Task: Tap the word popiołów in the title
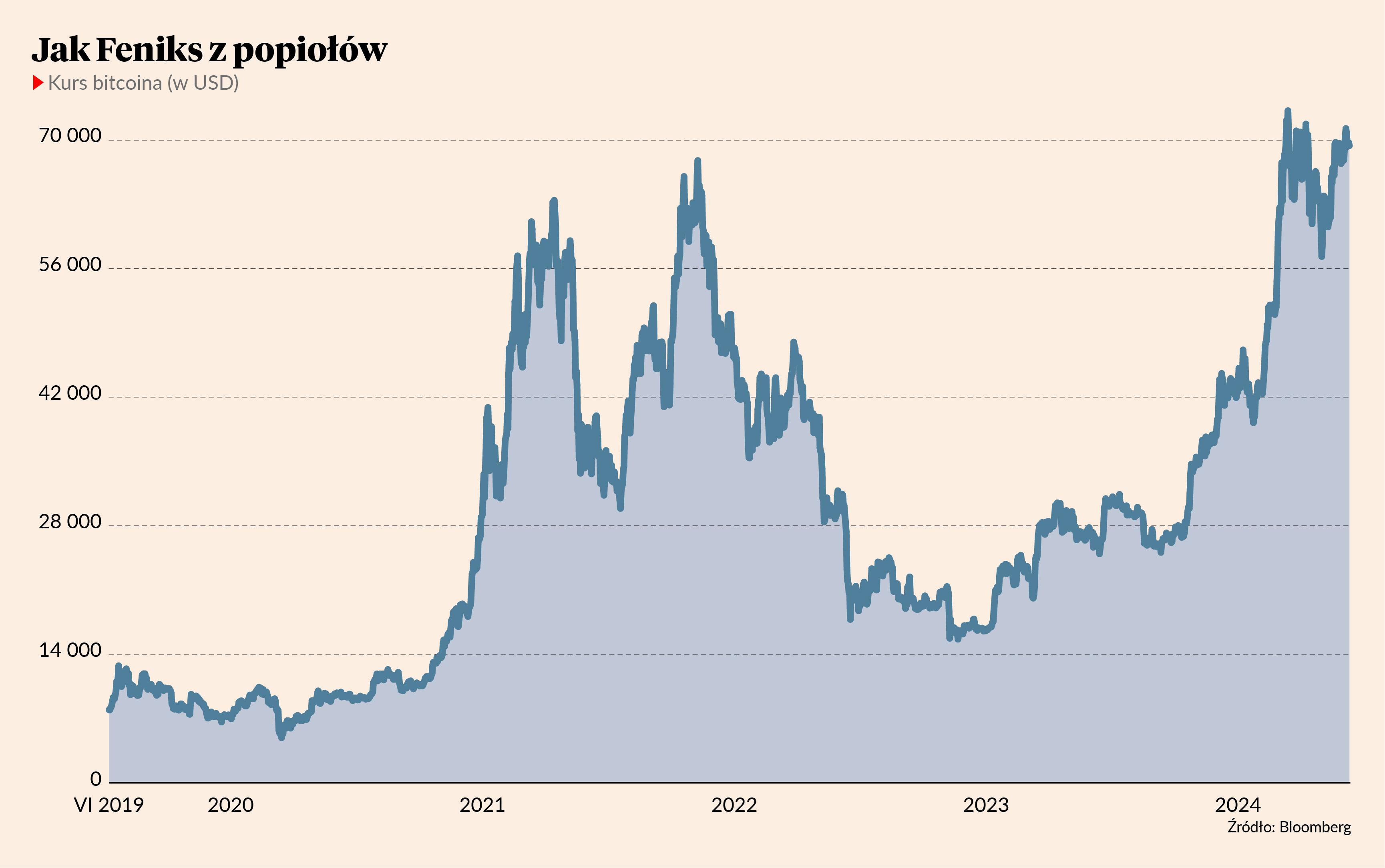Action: point(310,52)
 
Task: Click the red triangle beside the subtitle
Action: point(38,83)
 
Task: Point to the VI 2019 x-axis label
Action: point(109,805)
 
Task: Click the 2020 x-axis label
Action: point(230,805)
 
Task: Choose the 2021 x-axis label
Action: point(482,805)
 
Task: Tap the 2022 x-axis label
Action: point(734,805)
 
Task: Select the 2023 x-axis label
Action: point(986,805)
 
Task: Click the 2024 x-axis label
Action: point(1238,805)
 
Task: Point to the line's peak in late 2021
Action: point(698,160)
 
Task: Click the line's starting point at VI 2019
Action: point(109,709)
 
